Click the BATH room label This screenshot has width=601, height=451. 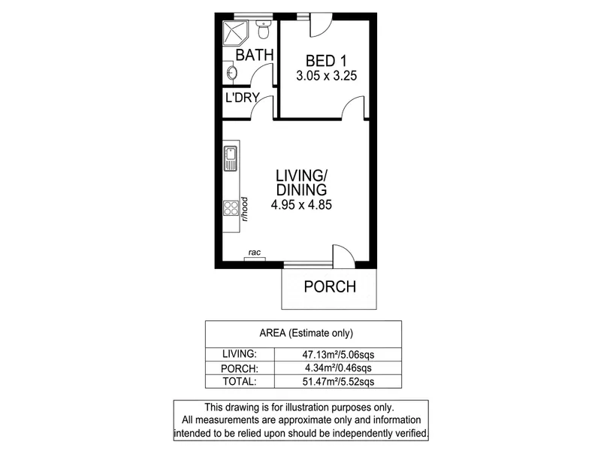coord(254,55)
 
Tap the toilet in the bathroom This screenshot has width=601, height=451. coord(264,29)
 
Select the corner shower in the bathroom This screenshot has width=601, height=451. coord(236,32)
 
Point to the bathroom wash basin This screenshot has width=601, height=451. coord(231,72)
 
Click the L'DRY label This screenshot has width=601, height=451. coord(243,98)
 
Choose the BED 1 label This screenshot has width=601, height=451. coord(326,61)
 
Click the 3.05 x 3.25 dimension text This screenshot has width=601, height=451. coord(326,76)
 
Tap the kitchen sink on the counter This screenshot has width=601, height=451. coord(231,159)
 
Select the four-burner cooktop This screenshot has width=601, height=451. coord(231,208)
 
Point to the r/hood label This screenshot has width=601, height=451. coord(245,209)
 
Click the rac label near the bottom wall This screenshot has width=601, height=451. coord(255,253)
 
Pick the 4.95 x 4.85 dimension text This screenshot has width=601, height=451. coord(301,204)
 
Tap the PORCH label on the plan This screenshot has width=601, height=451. coord(330,287)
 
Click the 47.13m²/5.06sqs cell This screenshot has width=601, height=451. coord(338,354)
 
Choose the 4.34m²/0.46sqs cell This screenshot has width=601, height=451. coord(338,368)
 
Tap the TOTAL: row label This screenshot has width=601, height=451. coord(240,382)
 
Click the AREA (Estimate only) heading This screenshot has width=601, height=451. coord(307,333)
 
